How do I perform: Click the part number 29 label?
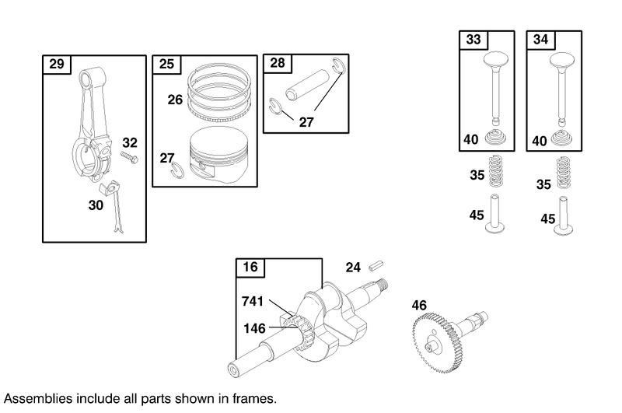pos(56,64)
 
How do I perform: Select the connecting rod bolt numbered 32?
pos(130,157)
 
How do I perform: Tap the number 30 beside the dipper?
pos(96,205)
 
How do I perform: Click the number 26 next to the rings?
pos(175,100)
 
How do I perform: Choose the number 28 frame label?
pos(278,63)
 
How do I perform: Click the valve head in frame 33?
pos(496,59)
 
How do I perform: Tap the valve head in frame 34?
pos(562,60)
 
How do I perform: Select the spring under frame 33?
pos(496,170)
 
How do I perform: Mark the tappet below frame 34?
pos(564,215)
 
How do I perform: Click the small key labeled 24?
pos(376,265)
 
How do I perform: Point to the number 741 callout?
pos(253,302)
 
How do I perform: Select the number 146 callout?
pos(254,328)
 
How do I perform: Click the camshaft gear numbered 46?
pos(438,343)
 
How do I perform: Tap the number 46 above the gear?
pos(419,306)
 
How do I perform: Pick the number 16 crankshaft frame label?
pos(250,267)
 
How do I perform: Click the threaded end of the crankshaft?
pos(383,284)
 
